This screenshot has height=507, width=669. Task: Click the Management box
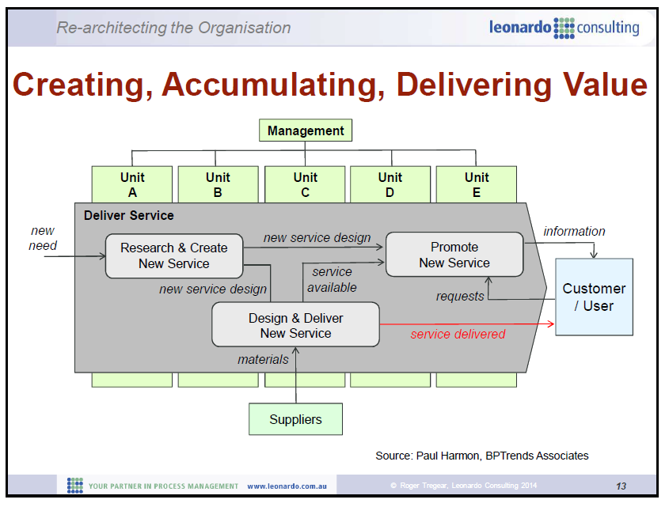click(306, 131)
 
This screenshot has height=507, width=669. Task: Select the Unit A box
click(132, 184)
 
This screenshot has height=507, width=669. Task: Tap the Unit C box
click(305, 184)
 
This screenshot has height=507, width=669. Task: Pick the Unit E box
click(477, 184)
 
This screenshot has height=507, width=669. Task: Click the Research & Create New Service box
click(173, 255)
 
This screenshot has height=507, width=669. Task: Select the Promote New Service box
click(454, 255)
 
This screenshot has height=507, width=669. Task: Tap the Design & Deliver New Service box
click(295, 325)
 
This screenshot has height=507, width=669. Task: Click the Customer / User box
click(594, 297)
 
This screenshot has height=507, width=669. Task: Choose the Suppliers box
click(295, 419)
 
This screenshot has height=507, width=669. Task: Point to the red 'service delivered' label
click(458, 334)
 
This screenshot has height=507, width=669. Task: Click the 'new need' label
click(43, 238)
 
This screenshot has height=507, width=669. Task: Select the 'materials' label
click(263, 359)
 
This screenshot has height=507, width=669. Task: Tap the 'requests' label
click(460, 296)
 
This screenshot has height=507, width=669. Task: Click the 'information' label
click(574, 231)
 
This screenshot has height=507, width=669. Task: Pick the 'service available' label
click(332, 279)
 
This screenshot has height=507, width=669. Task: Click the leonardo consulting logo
click(564, 28)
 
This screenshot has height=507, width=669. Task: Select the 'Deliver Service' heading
click(128, 215)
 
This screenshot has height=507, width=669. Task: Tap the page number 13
click(621, 486)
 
